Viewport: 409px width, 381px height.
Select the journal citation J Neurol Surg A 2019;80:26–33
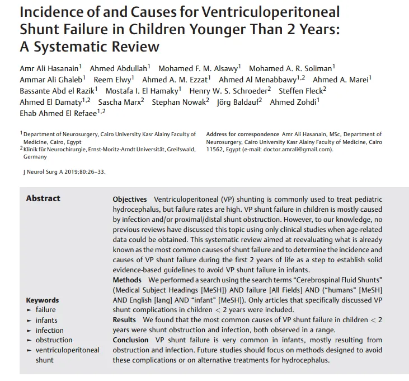pos(63,172)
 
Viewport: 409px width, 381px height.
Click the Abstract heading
pos(43,198)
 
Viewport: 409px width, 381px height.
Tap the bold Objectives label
pos(130,199)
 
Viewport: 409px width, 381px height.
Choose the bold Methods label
pos(127,280)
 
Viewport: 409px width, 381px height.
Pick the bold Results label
pos(124,319)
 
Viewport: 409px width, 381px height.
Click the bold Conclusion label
pos(130,340)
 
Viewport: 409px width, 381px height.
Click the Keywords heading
pos(42,300)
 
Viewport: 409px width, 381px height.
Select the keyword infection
pos(50,330)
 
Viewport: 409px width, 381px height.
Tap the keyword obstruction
pos(54,340)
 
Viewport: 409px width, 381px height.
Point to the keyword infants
pos(46,320)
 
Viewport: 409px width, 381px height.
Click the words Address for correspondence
pos(242,134)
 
